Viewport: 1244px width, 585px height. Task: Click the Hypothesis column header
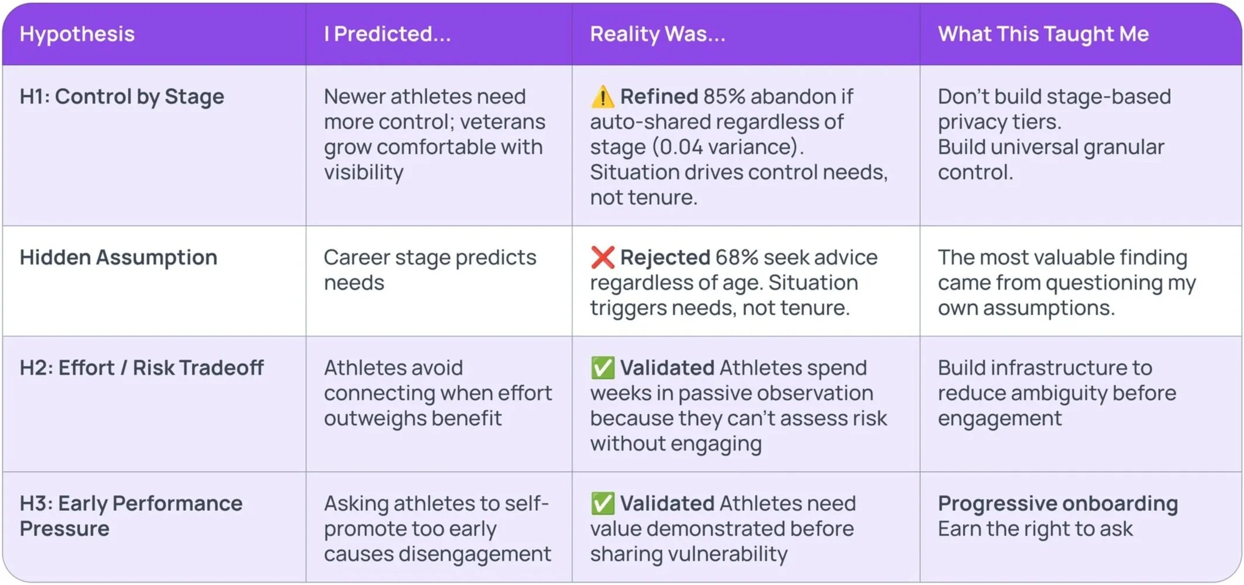click(x=77, y=34)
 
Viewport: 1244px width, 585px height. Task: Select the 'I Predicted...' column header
click(x=387, y=34)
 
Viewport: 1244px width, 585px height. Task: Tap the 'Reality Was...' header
click(x=657, y=34)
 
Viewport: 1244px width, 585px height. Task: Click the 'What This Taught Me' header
click(x=1043, y=34)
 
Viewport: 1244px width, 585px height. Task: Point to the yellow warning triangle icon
click(x=602, y=97)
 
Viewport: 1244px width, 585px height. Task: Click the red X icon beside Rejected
click(x=602, y=257)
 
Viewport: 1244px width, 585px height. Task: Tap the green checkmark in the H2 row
click(x=602, y=368)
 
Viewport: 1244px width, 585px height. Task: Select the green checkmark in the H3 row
click(x=602, y=504)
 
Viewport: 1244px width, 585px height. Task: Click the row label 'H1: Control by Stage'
click(x=122, y=97)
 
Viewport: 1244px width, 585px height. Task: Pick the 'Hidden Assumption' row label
click(x=118, y=257)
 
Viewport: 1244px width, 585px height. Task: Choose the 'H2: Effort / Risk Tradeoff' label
click(x=142, y=368)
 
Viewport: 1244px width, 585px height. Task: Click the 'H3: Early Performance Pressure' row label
click(x=130, y=516)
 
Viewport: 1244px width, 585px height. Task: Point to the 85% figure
click(x=724, y=97)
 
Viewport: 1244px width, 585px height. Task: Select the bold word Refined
click(x=659, y=97)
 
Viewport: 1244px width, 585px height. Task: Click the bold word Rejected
click(x=665, y=257)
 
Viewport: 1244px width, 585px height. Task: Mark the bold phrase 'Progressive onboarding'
click(x=1058, y=504)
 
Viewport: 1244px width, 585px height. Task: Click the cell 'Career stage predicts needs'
click(x=429, y=270)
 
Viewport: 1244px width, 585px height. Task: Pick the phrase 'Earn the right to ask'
click(x=1035, y=529)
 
